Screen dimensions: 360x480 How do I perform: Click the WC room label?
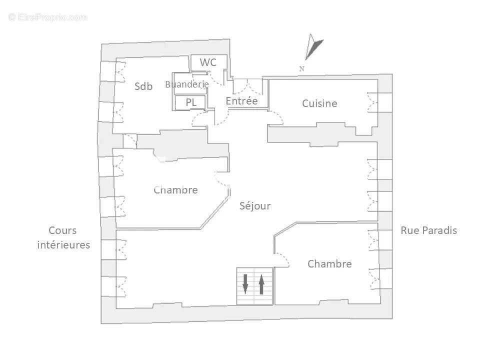208,62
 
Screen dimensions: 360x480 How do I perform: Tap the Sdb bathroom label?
143,86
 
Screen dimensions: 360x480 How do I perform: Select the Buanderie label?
186,84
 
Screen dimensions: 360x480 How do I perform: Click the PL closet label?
191,102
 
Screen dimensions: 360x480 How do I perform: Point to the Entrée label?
241,101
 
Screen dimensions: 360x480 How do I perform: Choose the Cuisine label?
319,103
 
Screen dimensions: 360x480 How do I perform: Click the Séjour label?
254,205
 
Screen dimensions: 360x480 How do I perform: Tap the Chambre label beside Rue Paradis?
329,263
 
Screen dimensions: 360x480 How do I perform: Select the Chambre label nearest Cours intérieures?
175,190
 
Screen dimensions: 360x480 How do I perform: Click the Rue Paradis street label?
428,230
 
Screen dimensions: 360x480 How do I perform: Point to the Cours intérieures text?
63,237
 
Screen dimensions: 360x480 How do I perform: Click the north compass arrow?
314,47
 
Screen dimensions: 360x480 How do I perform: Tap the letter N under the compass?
302,69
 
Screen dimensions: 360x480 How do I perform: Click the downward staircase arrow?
245,283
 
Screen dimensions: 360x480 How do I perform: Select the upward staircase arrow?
261,283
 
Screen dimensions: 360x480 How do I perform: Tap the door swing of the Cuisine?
275,118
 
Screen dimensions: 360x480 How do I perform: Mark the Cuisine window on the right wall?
372,102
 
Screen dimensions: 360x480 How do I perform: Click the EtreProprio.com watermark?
48,17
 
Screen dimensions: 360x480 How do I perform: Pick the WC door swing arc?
216,78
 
